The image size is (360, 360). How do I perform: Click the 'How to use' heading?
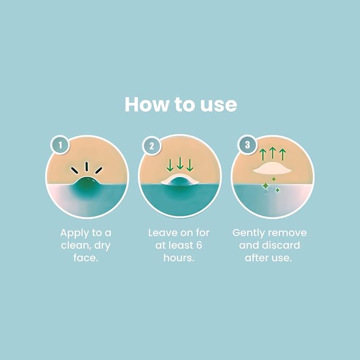pyautogui.click(x=181, y=104)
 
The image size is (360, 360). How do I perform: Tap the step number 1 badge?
pyautogui.click(x=60, y=145)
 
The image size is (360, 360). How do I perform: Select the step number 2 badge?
pyautogui.click(x=152, y=146)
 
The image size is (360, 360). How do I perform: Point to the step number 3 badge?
pyautogui.click(x=247, y=145)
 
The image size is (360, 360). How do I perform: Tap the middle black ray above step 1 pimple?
pyautogui.click(x=87, y=166)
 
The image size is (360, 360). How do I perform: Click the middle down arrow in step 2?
pyautogui.click(x=180, y=163)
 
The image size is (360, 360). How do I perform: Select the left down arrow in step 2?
pyautogui.click(x=170, y=165)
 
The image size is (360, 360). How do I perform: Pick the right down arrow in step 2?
pyautogui.click(x=190, y=165)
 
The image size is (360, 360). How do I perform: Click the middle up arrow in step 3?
pyautogui.click(x=273, y=153)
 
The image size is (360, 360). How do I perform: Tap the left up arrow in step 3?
pyautogui.click(x=262, y=155)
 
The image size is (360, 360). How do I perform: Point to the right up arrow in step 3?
pyautogui.click(x=283, y=155)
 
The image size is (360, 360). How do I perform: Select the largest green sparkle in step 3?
pyautogui.click(x=266, y=186)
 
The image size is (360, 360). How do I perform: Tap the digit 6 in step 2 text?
pyautogui.click(x=199, y=245)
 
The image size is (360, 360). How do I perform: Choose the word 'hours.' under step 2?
pyautogui.click(x=179, y=258)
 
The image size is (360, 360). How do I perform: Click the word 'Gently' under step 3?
pyautogui.click(x=249, y=233)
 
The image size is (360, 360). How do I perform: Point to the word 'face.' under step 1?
pyautogui.click(x=86, y=258)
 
